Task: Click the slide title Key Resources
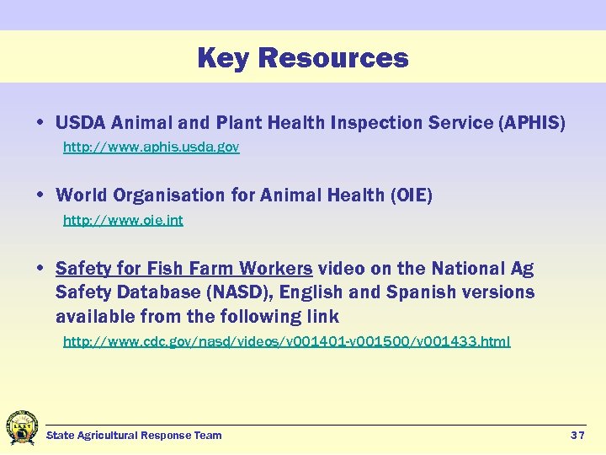[302, 58]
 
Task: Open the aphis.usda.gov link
[151, 147]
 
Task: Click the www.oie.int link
[123, 221]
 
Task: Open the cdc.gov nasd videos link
[287, 342]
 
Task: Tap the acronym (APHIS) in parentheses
[532, 123]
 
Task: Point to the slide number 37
[577, 436]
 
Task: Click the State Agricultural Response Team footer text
[134, 436]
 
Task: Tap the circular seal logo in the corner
[21, 428]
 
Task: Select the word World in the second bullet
[82, 196]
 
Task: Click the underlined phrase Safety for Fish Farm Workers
[183, 269]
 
